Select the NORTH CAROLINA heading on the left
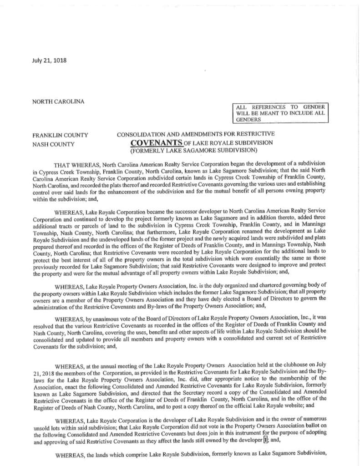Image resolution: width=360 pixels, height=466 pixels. (x=58, y=101)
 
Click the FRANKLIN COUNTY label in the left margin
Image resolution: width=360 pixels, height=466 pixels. (x=60, y=135)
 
